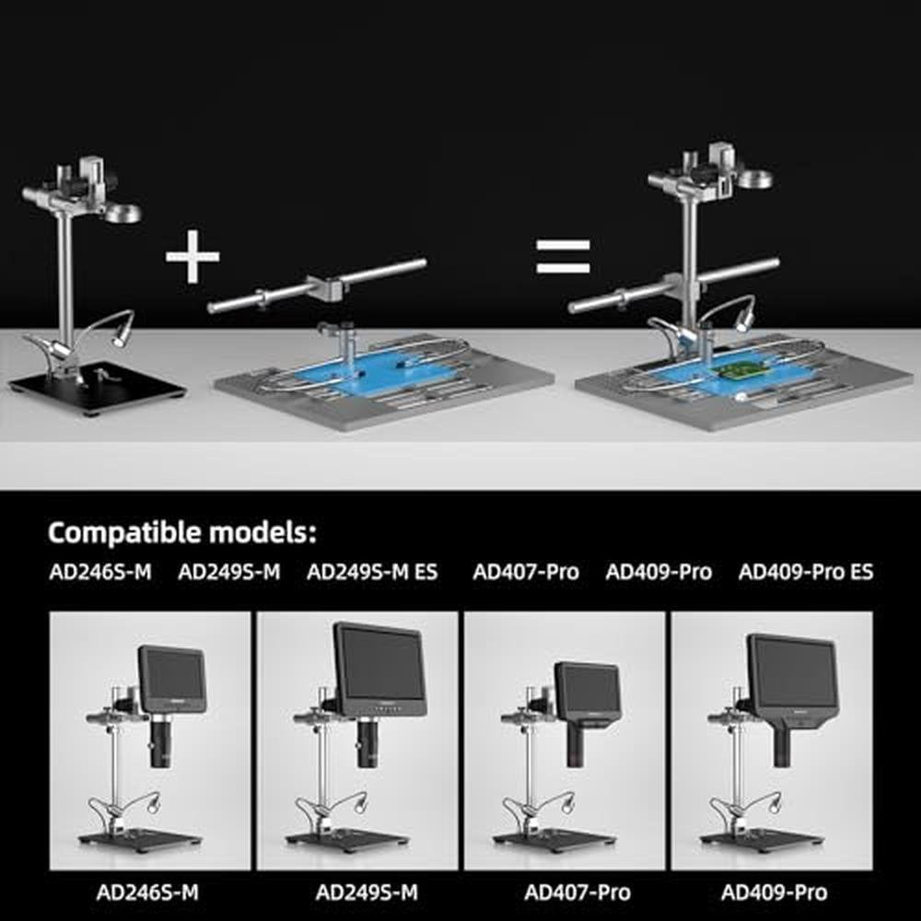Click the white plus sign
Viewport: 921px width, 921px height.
(192, 256)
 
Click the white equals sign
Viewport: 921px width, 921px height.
(563, 257)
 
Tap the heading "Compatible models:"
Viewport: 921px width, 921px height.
(182, 532)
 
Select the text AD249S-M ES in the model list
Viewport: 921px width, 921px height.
(372, 572)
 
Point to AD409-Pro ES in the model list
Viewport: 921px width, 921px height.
(806, 572)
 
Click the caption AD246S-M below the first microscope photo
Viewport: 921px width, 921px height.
(147, 892)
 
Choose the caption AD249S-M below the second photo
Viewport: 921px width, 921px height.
(367, 892)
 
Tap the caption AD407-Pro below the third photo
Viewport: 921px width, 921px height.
(577, 892)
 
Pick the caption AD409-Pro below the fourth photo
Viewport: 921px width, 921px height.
(775, 892)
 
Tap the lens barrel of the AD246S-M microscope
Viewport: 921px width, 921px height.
(160, 740)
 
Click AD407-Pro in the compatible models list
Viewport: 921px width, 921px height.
(526, 572)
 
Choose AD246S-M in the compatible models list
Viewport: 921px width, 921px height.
(100, 572)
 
